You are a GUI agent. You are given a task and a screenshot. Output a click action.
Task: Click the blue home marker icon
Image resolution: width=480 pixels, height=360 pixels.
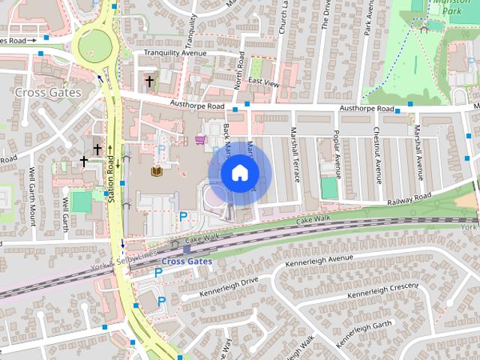(238, 173)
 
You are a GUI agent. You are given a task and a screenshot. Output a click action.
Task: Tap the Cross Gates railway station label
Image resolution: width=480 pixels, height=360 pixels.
(187, 261)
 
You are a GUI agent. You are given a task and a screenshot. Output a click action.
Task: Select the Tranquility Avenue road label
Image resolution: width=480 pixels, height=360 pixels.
(175, 53)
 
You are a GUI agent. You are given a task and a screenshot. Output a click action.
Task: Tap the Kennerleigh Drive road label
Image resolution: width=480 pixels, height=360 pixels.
(229, 286)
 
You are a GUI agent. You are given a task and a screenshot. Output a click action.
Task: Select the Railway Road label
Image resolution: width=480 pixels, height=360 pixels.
(409, 199)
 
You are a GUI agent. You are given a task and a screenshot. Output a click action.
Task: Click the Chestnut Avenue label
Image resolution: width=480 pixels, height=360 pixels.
(377, 153)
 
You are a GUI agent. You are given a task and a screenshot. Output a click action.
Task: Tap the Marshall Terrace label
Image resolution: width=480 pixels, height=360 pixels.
(295, 155)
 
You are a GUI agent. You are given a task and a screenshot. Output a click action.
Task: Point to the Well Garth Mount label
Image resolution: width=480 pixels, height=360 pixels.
(32, 197)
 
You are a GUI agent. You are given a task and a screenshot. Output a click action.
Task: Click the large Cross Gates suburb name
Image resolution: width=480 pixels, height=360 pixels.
(47, 91)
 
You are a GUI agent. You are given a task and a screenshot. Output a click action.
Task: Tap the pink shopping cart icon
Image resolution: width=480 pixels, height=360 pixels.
(200, 140)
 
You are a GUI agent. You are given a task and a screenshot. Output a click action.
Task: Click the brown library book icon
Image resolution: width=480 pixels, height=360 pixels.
(157, 172)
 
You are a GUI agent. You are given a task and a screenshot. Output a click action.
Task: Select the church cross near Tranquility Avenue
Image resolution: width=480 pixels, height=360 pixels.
(149, 80)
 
